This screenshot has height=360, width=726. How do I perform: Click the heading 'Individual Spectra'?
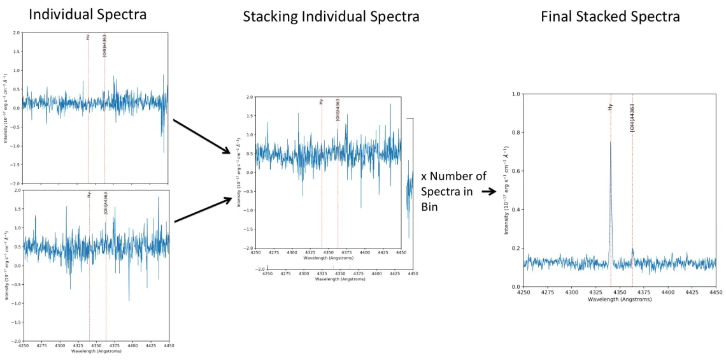pyautogui.click(x=88, y=14)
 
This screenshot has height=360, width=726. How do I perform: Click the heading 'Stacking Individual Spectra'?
pyautogui.click(x=331, y=17)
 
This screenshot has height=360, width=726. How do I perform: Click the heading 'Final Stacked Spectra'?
pyautogui.click(x=610, y=17)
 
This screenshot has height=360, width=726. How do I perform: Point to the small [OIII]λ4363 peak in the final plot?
pyautogui.click(x=632, y=250)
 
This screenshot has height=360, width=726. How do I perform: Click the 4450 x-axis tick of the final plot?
pyautogui.click(x=716, y=292)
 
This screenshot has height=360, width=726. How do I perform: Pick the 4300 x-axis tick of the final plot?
pyautogui.click(x=572, y=292)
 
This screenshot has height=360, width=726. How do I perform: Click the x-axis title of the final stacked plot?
pyautogui.click(x=620, y=299)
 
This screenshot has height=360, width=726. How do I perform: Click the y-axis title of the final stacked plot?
pyautogui.click(x=507, y=191)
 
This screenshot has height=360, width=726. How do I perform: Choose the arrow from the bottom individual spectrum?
pyautogui.click(x=203, y=210)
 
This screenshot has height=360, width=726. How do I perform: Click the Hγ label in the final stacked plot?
pyautogui.click(x=610, y=107)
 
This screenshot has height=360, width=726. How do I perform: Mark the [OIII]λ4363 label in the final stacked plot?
pyautogui.click(x=632, y=117)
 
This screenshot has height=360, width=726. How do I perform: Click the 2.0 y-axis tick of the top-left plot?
pyautogui.click(x=17, y=32)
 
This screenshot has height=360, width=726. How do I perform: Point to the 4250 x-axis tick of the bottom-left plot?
pyautogui.click(x=24, y=346)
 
